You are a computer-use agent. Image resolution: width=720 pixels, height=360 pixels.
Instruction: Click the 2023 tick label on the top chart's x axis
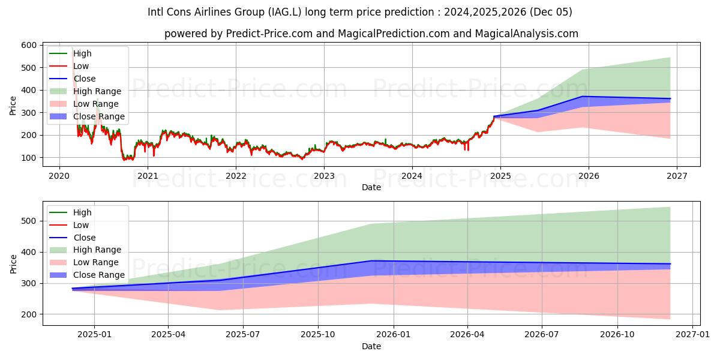pos(324,176)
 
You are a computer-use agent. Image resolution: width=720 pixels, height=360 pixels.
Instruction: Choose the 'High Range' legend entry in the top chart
pos(97,91)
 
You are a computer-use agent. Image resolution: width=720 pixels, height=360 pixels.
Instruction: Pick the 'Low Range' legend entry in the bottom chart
pos(95,262)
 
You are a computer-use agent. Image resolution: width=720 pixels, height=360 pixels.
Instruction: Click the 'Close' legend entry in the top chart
pos(84,79)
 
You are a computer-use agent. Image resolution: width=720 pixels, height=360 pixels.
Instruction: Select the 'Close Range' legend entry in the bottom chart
pos(98,275)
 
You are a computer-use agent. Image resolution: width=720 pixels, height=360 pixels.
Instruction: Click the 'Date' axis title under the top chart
pos(371,187)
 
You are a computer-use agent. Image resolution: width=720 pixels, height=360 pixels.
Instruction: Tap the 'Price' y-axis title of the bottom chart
pos(13,263)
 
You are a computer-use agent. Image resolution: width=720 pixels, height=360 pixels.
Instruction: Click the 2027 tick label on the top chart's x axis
pos(677,176)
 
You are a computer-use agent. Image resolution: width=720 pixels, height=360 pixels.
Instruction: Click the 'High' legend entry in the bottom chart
pos(82,212)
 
